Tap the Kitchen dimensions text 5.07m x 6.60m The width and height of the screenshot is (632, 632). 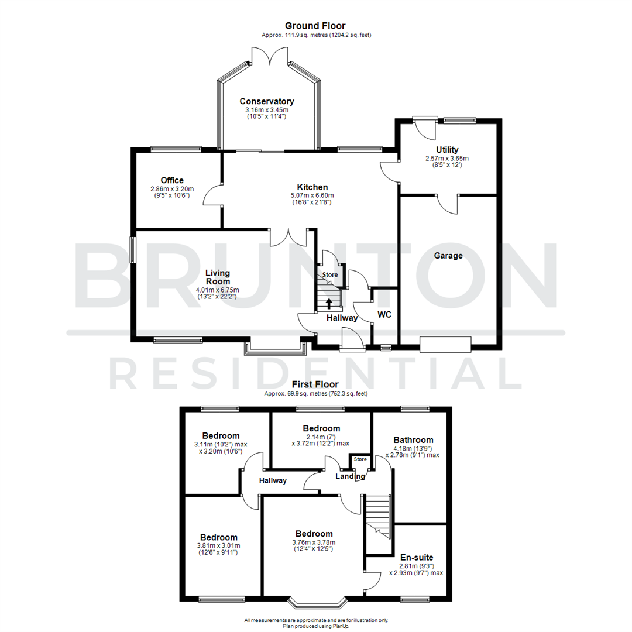pyautogui.click(x=312, y=195)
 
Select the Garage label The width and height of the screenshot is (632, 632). pyautogui.click(x=448, y=256)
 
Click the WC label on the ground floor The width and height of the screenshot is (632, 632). pyautogui.click(x=384, y=315)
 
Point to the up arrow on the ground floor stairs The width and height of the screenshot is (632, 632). pyautogui.click(x=329, y=303)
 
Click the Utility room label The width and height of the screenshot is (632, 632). pyautogui.click(x=447, y=150)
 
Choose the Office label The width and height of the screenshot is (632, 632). pyautogui.click(x=172, y=180)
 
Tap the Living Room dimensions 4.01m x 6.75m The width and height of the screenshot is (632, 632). pyautogui.click(x=218, y=290)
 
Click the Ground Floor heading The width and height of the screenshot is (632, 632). pyautogui.click(x=315, y=26)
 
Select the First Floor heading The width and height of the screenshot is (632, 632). pyautogui.click(x=315, y=384)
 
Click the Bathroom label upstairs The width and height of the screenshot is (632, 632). pyautogui.click(x=413, y=440)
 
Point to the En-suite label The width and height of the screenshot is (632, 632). pyautogui.click(x=417, y=558)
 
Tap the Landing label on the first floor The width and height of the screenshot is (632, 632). pyautogui.click(x=350, y=476)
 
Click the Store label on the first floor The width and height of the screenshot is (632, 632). pyautogui.click(x=360, y=459)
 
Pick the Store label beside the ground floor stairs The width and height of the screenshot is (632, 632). pyautogui.click(x=331, y=274)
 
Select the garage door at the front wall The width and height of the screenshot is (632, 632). pyautogui.click(x=445, y=344)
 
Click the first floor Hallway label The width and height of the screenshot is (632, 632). pyautogui.click(x=273, y=480)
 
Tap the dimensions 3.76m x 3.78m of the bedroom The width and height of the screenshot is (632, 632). pyautogui.click(x=314, y=542)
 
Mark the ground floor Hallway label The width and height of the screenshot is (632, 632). pyautogui.click(x=342, y=318)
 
